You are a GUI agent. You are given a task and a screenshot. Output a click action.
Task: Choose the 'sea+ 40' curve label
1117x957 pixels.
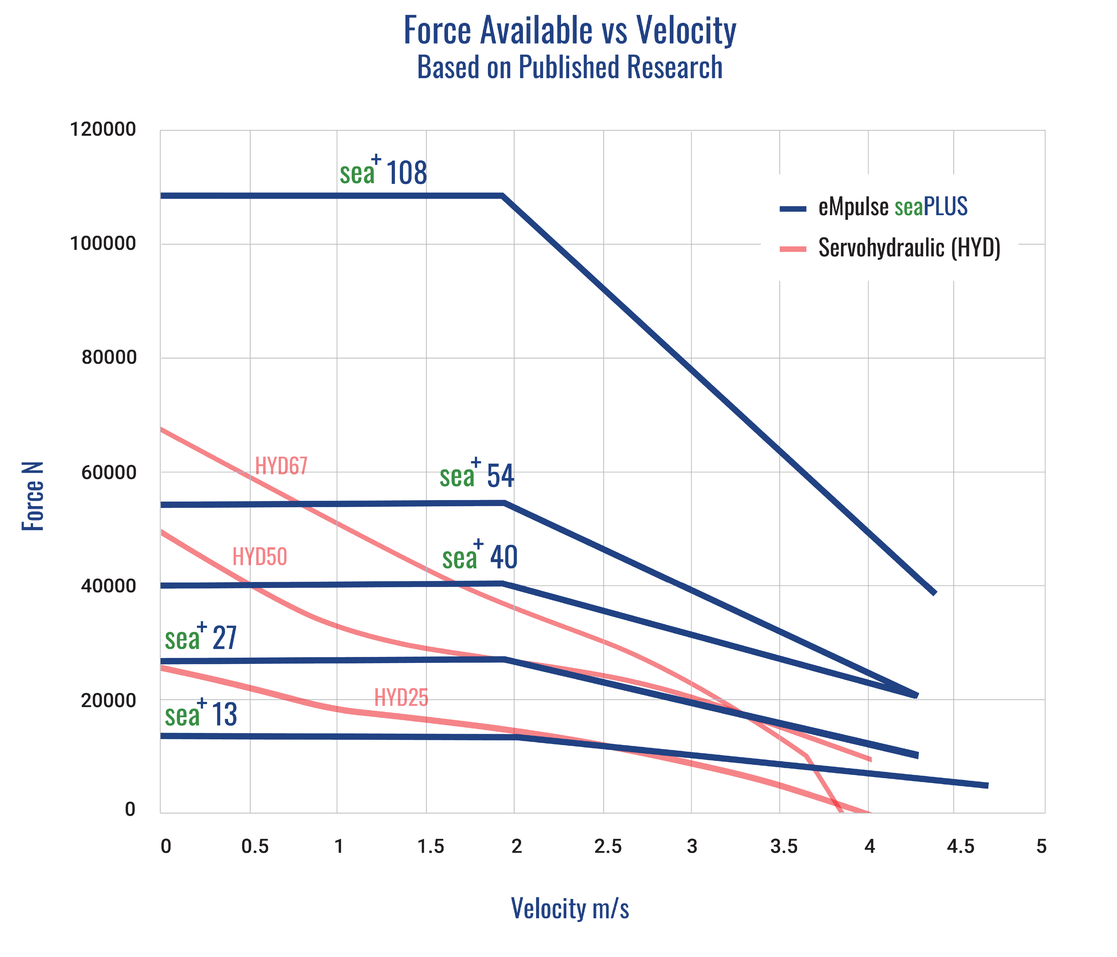click(480, 556)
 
